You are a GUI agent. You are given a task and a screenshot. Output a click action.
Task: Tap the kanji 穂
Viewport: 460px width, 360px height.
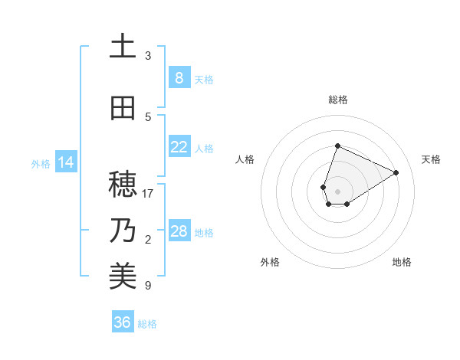(x=123, y=185)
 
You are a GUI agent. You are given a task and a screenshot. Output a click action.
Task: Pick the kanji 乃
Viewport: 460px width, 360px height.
(x=123, y=231)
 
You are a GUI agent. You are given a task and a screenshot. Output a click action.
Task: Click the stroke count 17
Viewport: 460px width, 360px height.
(x=148, y=194)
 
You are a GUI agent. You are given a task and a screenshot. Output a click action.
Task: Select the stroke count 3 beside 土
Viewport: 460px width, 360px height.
(x=148, y=56)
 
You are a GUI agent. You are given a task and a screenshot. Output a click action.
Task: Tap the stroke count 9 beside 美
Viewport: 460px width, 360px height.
(x=148, y=286)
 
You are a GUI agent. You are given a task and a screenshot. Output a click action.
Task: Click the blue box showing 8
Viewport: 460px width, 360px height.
(x=179, y=78)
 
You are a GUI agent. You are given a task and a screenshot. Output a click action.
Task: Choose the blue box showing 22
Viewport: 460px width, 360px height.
(x=179, y=147)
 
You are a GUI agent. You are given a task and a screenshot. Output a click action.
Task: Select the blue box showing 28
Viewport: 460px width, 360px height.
(x=179, y=231)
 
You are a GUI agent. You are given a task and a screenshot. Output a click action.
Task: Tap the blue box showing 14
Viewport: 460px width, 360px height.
(x=65, y=162)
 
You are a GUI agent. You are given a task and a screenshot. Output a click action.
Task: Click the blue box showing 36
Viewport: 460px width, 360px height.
(x=123, y=322)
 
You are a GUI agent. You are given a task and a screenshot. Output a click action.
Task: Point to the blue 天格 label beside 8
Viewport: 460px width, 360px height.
(x=204, y=79)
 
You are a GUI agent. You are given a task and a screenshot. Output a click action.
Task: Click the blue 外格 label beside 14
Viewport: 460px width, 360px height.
(x=41, y=163)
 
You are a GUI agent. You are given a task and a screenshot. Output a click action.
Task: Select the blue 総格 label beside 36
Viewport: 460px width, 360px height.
(x=147, y=323)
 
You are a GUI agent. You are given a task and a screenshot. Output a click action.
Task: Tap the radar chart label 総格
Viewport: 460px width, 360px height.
(x=337, y=100)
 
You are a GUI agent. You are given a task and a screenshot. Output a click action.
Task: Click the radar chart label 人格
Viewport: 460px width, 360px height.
(x=245, y=159)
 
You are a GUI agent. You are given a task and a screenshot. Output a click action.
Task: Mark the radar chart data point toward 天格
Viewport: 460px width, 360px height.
(x=396, y=172)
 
